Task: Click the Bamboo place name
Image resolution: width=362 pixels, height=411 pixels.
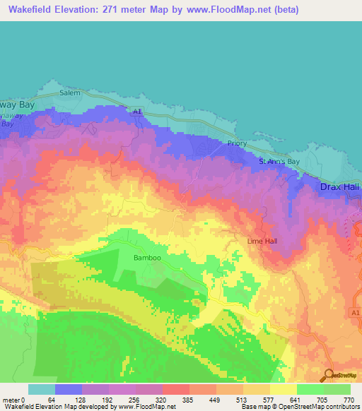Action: [148, 258]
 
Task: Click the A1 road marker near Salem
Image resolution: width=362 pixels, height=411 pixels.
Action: [139, 111]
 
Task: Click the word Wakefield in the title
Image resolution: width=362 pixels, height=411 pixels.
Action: [29, 10]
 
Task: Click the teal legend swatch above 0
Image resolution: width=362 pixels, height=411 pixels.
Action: [42, 389]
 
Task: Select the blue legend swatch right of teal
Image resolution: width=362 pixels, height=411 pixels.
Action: [69, 389]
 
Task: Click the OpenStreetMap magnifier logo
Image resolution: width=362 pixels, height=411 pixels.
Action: [329, 374]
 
